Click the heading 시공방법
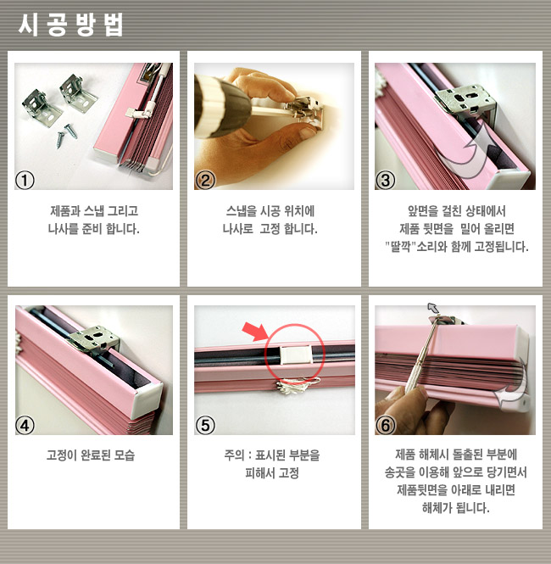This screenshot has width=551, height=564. (x=70, y=25)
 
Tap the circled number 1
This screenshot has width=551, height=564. (x=25, y=180)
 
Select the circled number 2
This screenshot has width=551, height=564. (x=205, y=180)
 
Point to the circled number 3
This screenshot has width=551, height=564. (x=386, y=180)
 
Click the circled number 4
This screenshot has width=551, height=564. (x=25, y=426)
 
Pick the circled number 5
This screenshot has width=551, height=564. (x=205, y=426)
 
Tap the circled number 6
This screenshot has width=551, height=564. (x=386, y=426)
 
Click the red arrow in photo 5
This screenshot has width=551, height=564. (x=254, y=331)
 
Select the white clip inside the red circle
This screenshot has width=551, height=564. (x=296, y=355)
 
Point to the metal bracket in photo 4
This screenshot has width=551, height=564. (x=94, y=339)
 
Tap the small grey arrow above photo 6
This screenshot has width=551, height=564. (x=433, y=308)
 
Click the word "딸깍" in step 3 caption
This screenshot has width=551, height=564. (x=400, y=247)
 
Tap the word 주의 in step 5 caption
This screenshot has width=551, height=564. (x=234, y=455)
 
